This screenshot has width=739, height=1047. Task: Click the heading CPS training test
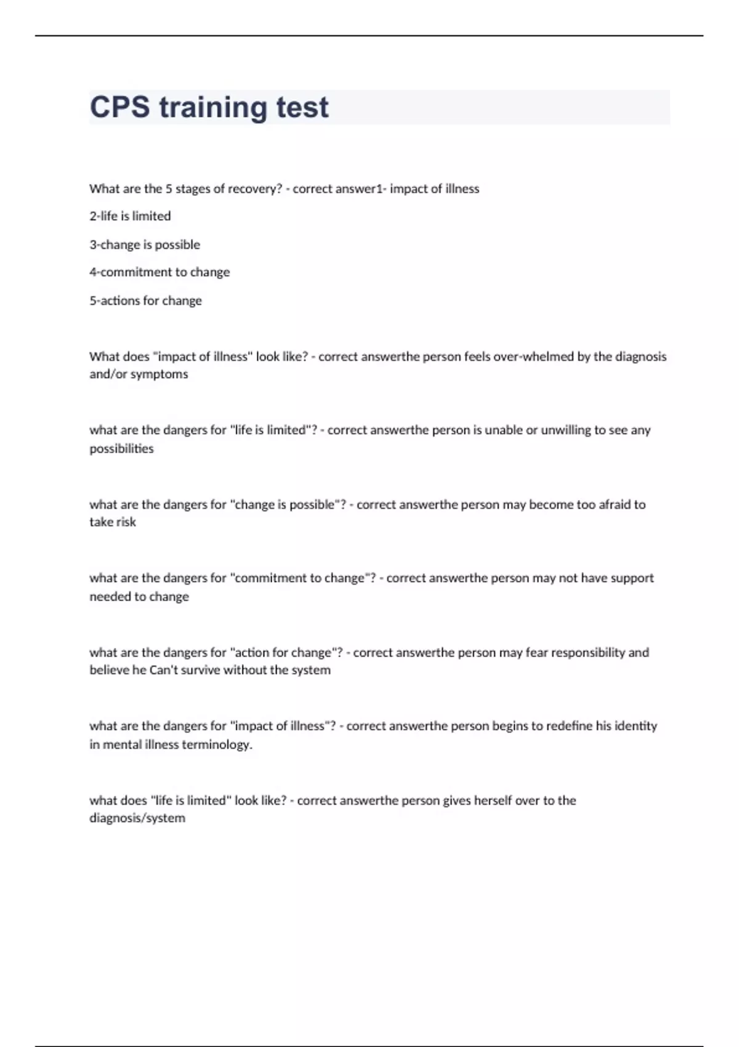[x=209, y=107]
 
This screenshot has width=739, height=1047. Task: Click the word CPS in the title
[x=119, y=107]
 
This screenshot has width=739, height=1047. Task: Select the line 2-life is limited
[x=130, y=216]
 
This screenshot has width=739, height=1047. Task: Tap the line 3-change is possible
[x=145, y=245]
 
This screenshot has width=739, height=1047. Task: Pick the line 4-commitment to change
[x=160, y=272]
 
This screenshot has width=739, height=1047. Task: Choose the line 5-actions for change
[x=145, y=301]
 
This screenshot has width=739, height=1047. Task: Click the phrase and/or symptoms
[x=139, y=374]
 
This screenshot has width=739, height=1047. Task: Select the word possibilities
[x=121, y=449]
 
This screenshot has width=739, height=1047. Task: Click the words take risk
[x=113, y=522]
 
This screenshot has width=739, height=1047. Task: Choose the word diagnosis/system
[x=137, y=819]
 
